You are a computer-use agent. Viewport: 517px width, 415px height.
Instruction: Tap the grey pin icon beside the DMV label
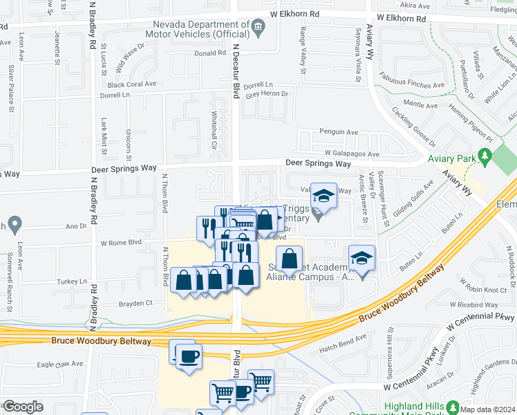pos(258,28)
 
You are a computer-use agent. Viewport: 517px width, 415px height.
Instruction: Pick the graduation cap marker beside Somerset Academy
pos(361,259)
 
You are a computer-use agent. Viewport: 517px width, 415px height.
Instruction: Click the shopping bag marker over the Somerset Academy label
pos(290,259)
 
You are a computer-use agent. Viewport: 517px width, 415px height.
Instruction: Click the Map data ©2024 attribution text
pos(487,409)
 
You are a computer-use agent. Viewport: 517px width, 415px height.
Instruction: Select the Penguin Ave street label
pos(338,131)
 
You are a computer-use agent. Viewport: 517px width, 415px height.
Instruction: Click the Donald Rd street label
pos(210,53)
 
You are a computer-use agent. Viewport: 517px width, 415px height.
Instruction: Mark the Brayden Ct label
pos(135,303)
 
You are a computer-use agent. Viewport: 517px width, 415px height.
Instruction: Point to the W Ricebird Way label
pos(473,304)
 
